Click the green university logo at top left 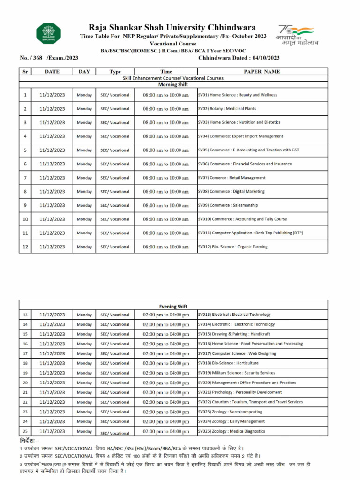click(x=48, y=34)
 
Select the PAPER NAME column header click(x=262, y=71)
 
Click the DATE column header click(x=52, y=71)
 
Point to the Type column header click(x=115, y=71)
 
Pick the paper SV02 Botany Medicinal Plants click(x=227, y=109)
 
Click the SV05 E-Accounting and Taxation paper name click(x=249, y=150)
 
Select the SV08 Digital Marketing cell click(x=232, y=191)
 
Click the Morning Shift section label click(x=173, y=85)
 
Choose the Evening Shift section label click(x=173, y=306)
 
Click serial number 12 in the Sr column click(x=25, y=247)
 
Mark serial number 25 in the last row click(x=25, y=431)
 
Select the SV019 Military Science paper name click(x=237, y=373)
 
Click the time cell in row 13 click(x=166, y=315)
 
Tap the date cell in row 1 click(x=52, y=95)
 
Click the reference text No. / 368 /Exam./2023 click(x=49, y=58)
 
